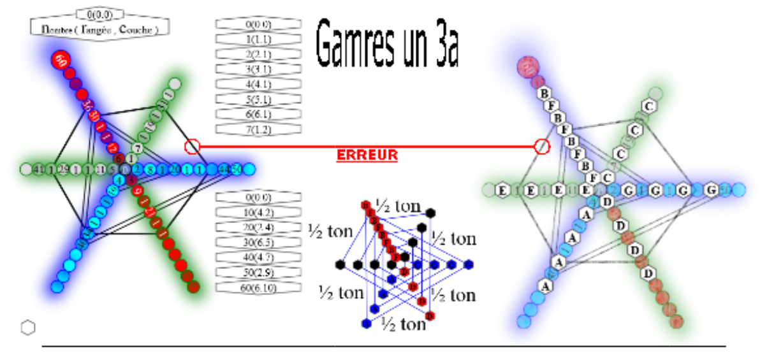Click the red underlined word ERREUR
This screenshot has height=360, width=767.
pyautogui.click(x=367, y=155)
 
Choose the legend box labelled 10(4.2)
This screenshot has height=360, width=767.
pyautogui.click(x=258, y=212)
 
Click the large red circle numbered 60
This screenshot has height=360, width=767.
pyautogui.click(x=61, y=60)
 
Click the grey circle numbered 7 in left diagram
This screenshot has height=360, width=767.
pyautogui.click(x=138, y=148)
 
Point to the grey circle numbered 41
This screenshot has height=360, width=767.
pyautogui.click(x=38, y=169)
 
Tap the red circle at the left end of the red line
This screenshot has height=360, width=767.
pyautogui.click(x=192, y=147)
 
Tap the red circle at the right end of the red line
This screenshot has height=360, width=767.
pyautogui.click(x=541, y=147)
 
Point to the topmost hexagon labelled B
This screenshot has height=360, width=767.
pyautogui.click(x=545, y=93)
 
